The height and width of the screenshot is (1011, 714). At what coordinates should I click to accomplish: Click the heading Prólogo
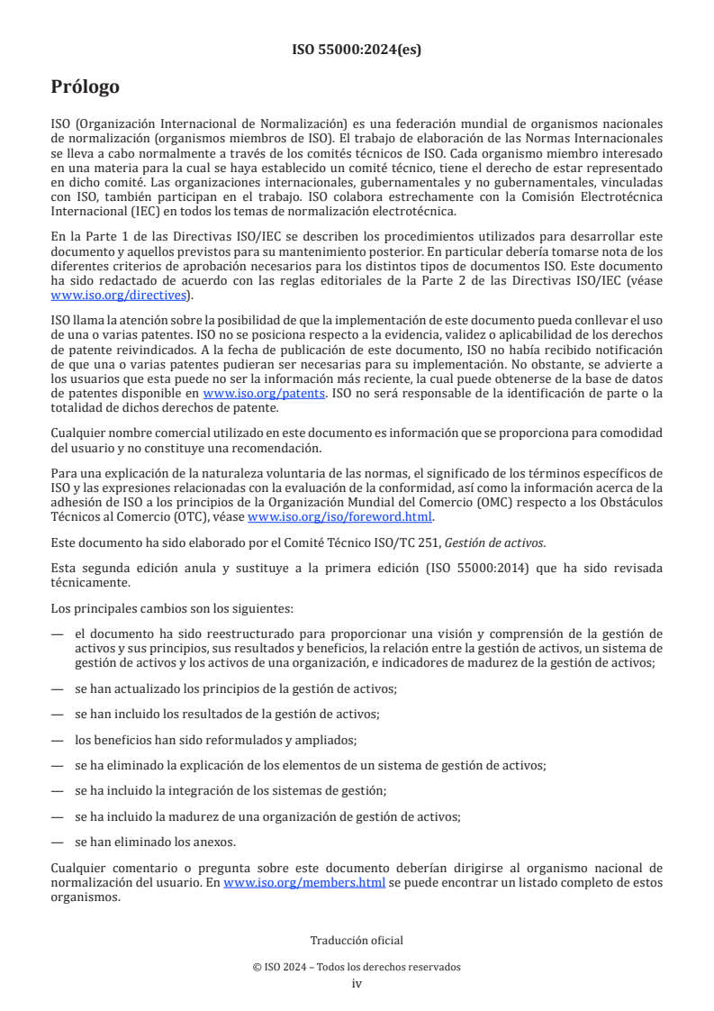coord(86,87)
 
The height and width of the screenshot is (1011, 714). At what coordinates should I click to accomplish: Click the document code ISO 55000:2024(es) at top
coord(357,50)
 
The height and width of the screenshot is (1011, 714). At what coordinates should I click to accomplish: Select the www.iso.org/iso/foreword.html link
coord(339,516)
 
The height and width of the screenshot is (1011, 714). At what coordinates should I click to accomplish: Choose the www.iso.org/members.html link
coord(304,883)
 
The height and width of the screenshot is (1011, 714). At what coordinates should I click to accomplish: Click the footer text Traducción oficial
coord(357,941)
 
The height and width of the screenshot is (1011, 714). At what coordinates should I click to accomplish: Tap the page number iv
coord(357,983)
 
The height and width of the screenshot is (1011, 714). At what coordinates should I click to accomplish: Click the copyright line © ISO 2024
coord(357,967)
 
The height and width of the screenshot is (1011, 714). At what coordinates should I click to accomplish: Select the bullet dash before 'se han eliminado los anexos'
coord(57,842)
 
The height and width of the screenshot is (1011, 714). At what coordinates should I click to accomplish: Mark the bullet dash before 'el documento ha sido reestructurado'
coord(57,633)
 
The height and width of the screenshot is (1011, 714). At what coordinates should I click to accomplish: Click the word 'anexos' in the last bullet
coord(216,842)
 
